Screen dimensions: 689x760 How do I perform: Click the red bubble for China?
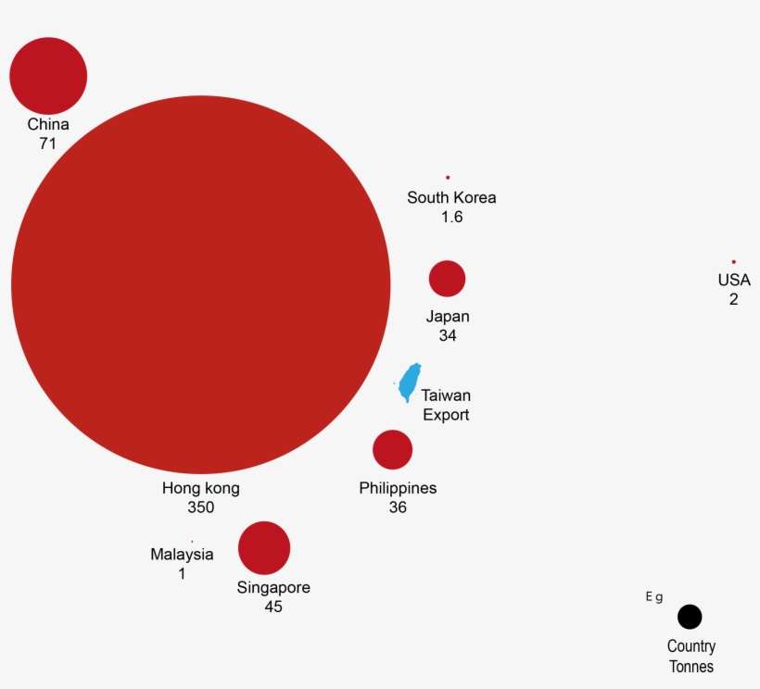(x=48, y=76)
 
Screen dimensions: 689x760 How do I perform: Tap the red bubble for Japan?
(x=447, y=279)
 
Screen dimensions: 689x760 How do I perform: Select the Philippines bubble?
(x=392, y=449)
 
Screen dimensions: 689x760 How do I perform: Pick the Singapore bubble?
(x=264, y=547)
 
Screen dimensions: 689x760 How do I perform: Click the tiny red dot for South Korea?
(x=448, y=177)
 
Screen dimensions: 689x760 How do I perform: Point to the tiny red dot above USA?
(x=733, y=261)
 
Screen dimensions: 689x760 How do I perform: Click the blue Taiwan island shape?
(x=409, y=382)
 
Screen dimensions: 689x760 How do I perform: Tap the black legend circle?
(x=690, y=617)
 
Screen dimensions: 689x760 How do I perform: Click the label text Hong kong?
(x=201, y=488)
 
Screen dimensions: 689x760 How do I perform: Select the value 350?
(x=201, y=507)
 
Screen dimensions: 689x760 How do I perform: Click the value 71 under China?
(x=48, y=144)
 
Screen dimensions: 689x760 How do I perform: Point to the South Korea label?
(x=451, y=197)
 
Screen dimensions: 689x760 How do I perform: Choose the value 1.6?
(x=451, y=218)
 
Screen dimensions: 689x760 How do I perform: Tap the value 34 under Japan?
(x=448, y=336)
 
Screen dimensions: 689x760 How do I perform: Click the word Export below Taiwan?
(x=446, y=415)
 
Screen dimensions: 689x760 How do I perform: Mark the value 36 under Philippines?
(x=398, y=507)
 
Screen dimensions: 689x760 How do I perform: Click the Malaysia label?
(x=182, y=555)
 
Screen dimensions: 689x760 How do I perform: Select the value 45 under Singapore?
(x=272, y=608)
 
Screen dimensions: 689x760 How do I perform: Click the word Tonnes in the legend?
(x=691, y=666)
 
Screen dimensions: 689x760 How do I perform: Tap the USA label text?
(x=734, y=280)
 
